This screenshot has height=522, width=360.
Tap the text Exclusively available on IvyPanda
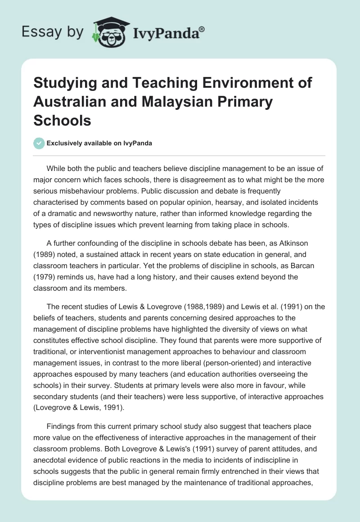pyautogui.click(x=99, y=143)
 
